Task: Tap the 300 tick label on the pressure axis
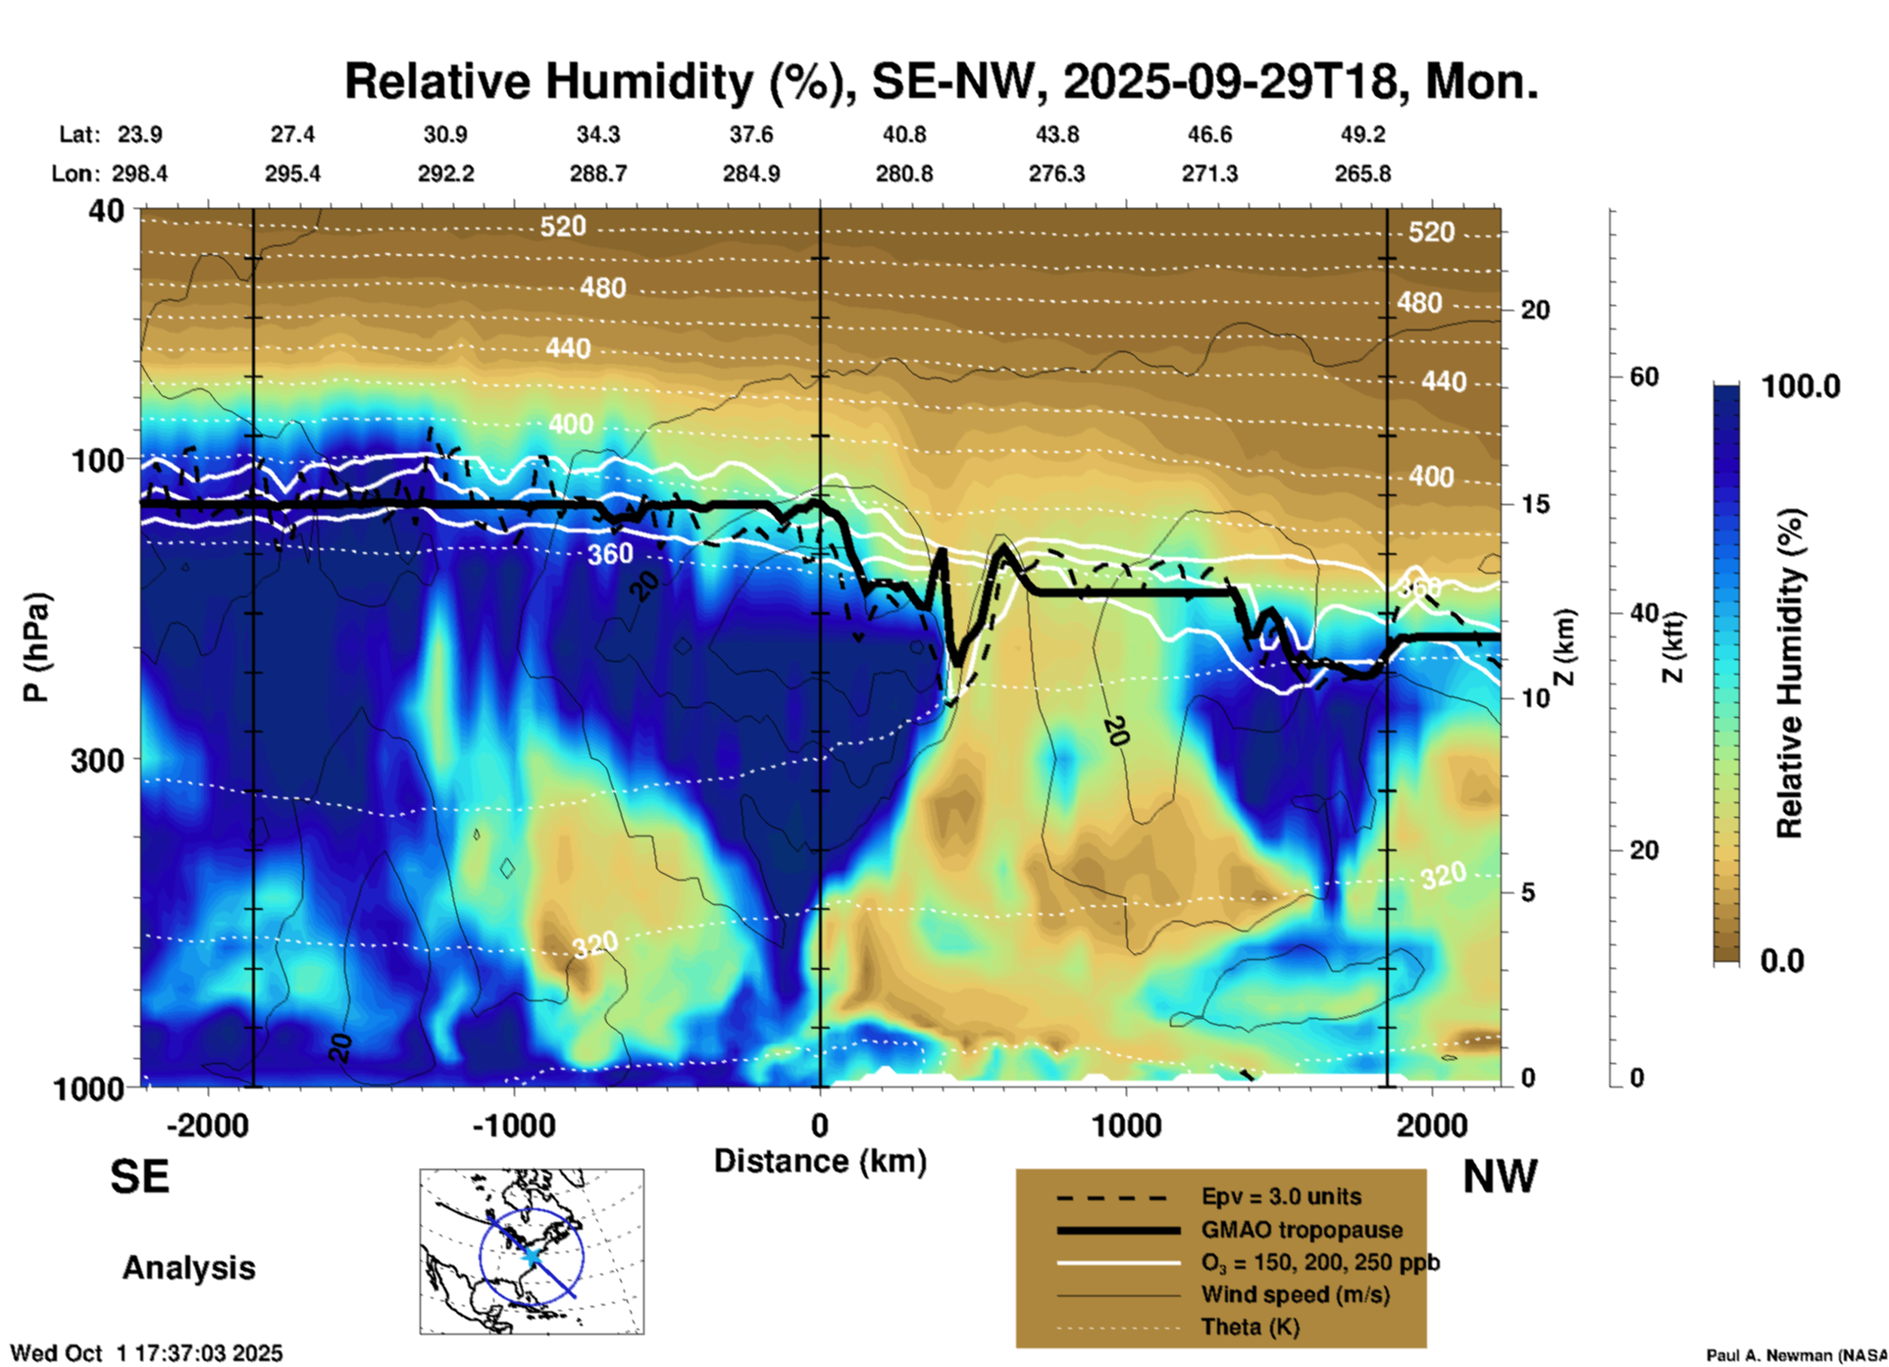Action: coord(97,760)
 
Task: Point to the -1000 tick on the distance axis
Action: coord(514,1126)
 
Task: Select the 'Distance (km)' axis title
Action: coord(820,1161)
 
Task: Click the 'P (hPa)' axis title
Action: coord(36,647)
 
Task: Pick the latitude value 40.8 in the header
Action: coord(903,134)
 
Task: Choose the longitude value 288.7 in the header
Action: coord(598,174)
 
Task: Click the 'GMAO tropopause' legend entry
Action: coord(1302,1230)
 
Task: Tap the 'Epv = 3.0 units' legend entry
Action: coord(1281,1197)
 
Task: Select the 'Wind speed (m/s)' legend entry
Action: coord(1295,1294)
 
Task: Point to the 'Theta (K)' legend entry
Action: coord(1250,1327)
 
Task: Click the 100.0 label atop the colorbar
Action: coord(1801,386)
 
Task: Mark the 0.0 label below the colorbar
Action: coord(1782,960)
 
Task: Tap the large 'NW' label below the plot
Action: coord(1500,1177)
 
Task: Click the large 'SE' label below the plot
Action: coord(139,1177)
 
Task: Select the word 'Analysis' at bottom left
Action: coord(188,1268)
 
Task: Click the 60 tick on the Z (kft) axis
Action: coord(1644,377)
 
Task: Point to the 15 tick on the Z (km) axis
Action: coord(1535,504)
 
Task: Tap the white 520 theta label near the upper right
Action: coord(1431,232)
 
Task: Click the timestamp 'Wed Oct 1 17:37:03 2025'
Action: coord(146,1353)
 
